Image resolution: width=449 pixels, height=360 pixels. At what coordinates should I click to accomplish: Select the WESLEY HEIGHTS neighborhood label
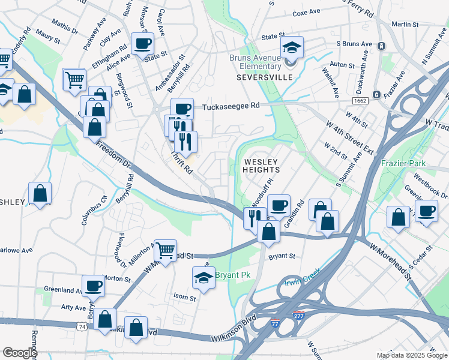click(x=261, y=166)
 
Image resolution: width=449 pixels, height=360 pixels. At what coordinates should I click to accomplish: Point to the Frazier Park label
click(x=402, y=163)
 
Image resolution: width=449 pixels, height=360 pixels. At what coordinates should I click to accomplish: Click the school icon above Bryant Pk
click(x=203, y=278)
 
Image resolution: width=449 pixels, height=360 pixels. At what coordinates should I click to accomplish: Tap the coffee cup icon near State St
click(x=143, y=43)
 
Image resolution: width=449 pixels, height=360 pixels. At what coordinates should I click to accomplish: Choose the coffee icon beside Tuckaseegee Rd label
click(x=182, y=109)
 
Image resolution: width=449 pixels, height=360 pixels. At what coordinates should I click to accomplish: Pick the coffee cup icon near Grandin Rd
click(x=278, y=205)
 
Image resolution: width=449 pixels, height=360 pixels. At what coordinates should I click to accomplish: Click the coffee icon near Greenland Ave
click(x=93, y=285)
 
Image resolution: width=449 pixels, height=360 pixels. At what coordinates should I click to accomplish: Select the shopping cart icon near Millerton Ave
click(x=165, y=250)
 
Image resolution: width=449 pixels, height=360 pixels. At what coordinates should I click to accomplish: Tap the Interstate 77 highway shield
click(x=274, y=322)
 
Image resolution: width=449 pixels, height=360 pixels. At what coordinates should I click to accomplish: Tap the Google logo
click(x=20, y=353)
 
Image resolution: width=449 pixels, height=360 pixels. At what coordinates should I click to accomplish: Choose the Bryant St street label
click(x=282, y=256)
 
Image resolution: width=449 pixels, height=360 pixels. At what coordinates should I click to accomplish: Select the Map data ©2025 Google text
click(x=411, y=355)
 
